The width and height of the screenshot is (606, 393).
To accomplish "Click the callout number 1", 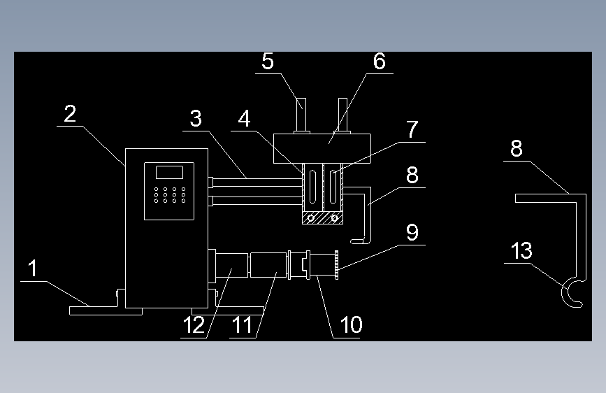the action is coord(33,268).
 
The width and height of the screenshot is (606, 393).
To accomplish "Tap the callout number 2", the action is coord(70,114).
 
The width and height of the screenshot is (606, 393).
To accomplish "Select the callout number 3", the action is coord(196,118).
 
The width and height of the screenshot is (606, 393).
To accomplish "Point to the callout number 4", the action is coord(244,118).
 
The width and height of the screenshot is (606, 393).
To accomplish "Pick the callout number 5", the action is coord(268,61).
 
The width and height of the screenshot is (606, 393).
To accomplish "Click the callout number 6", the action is coord(379,61).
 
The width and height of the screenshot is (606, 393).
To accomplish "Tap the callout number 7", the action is coord(412,129).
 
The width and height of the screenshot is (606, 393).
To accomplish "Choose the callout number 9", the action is coord(412,232).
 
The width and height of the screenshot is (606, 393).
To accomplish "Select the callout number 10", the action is coord(351,324).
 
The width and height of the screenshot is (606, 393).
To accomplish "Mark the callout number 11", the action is coord(242,324).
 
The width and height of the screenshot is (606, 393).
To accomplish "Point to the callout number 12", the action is coord(194,324).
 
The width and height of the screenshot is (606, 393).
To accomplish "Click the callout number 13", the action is coord(521,250).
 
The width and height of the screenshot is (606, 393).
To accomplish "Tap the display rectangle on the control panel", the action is coord(169,172).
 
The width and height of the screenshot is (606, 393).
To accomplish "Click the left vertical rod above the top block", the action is coord(301,115).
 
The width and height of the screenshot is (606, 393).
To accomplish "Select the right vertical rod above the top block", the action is coord(342,115).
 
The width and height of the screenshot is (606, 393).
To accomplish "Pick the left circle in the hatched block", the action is coord(311,218).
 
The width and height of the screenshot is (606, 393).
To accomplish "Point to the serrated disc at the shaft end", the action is coord(337,265).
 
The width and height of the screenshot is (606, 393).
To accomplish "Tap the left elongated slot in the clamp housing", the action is coord(312,187).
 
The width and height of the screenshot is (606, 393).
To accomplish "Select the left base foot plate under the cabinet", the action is coord(106,310).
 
